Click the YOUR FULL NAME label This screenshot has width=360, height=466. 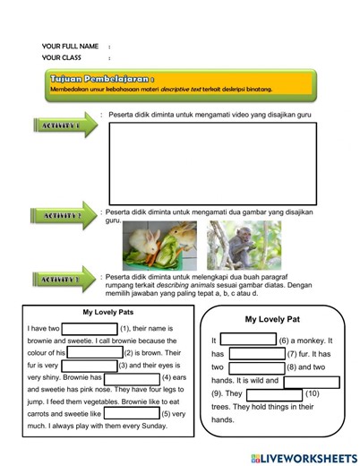(x=70, y=46)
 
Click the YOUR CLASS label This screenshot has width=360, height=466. (x=62, y=57)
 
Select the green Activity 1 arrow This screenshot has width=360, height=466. (x=64, y=126)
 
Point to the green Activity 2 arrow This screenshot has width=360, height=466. (x=64, y=215)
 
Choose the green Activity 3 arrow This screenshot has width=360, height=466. (x=64, y=280)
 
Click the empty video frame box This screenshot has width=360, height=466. (x=212, y=162)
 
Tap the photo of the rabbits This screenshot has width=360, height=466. (x=159, y=245)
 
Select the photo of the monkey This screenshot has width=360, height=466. (x=244, y=245)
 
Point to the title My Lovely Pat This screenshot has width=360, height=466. (x=272, y=319)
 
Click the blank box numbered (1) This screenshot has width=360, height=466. (x=89, y=329)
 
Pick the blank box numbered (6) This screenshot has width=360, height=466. (x=248, y=341)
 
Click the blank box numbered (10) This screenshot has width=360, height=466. (x=274, y=394)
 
